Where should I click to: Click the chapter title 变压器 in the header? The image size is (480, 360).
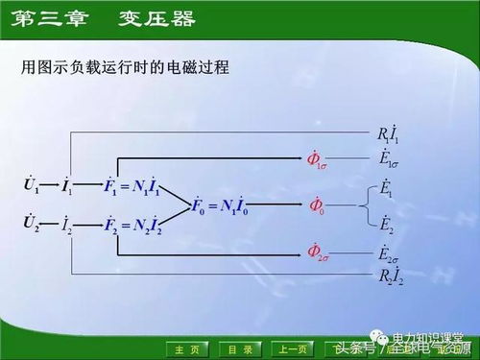[x=157, y=18]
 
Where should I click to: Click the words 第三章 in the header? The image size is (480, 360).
[x=50, y=18]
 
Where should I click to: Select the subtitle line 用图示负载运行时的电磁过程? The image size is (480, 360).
[x=130, y=69]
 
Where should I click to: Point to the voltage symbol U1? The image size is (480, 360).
[x=31, y=182]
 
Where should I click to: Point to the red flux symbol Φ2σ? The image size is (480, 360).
[x=318, y=252]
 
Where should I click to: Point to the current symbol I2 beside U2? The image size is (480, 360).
[x=66, y=226]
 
